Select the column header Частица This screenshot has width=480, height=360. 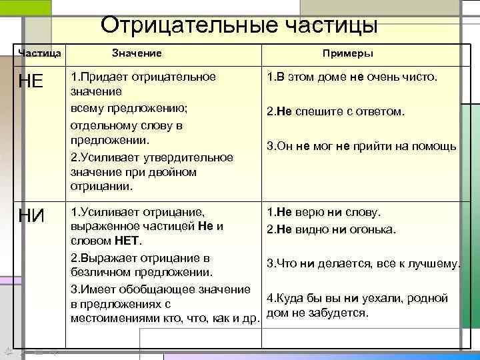(x=40, y=53)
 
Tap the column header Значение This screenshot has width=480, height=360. (x=137, y=53)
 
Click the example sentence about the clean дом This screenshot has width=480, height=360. (x=352, y=77)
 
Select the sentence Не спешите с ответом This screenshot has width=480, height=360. (x=335, y=111)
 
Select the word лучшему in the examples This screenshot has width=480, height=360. (x=434, y=263)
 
